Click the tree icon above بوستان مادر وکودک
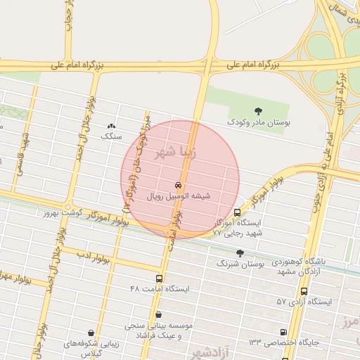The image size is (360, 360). pyautogui.click(x=259, y=110)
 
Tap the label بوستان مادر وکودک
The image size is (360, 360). pyautogui.click(x=258, y=122)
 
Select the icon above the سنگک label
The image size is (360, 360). pyautogui.click(x=111, y=126)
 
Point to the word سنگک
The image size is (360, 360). pyautogui.click(x=111, y=136)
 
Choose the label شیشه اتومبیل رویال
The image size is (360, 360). pyautogui.click(x=179, y=197)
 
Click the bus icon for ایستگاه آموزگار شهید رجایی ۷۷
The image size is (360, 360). pyautogui.click(x=237, y=212)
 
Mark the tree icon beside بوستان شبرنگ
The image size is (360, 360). pyautogui.click(x=240, y=252)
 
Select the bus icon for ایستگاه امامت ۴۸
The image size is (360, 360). pyautogui.click(x=159, y=278)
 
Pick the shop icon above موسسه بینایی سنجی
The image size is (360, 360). pyautogui.click(x=159, y=315)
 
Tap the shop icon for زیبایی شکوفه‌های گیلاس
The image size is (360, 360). pyautogui.click(x=91, y=333)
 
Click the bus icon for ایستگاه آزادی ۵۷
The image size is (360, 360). pyautogui.click(x=304, y=290)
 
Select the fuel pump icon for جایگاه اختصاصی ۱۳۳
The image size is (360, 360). pyautogui.click(x=283, y=332)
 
